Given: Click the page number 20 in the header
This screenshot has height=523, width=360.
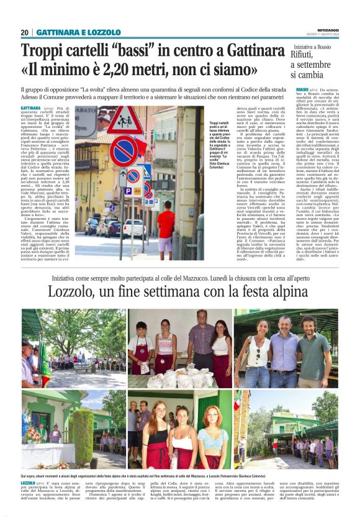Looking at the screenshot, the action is [x=24, y=32].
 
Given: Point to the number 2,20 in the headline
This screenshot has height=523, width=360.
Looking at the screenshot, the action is [x=134, y=71].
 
